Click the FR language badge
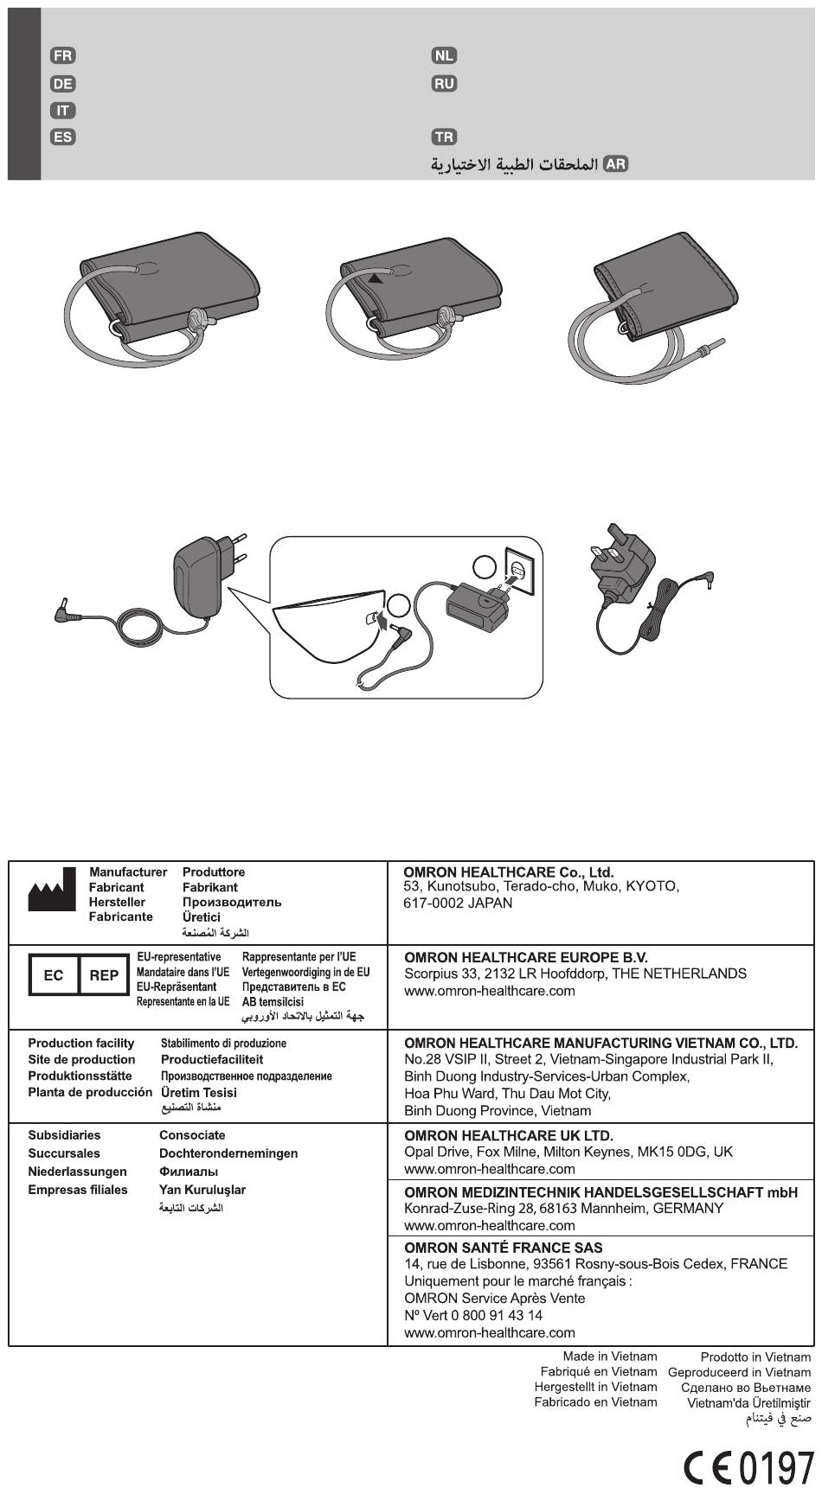coord(62,56)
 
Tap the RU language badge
coord(444,84)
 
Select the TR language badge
coord(444,137)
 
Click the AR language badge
coord(615,164)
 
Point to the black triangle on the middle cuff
coord(375,278)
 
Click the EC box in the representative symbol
coord(54,975)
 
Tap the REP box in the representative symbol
coord(104,975)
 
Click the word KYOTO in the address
coord(653,887)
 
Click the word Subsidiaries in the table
coord(64,1135)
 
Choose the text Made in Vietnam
coord(609,1357)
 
